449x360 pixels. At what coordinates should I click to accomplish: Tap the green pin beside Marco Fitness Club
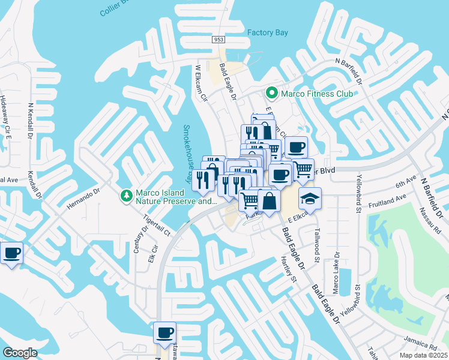271,94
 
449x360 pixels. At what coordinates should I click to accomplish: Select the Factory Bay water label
268,32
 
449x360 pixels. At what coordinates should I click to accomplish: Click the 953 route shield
218,39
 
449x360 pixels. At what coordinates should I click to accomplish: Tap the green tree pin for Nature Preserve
126,196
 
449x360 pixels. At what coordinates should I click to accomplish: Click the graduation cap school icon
310,198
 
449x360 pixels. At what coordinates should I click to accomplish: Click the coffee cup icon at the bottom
164,332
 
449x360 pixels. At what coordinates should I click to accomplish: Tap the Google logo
20,353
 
